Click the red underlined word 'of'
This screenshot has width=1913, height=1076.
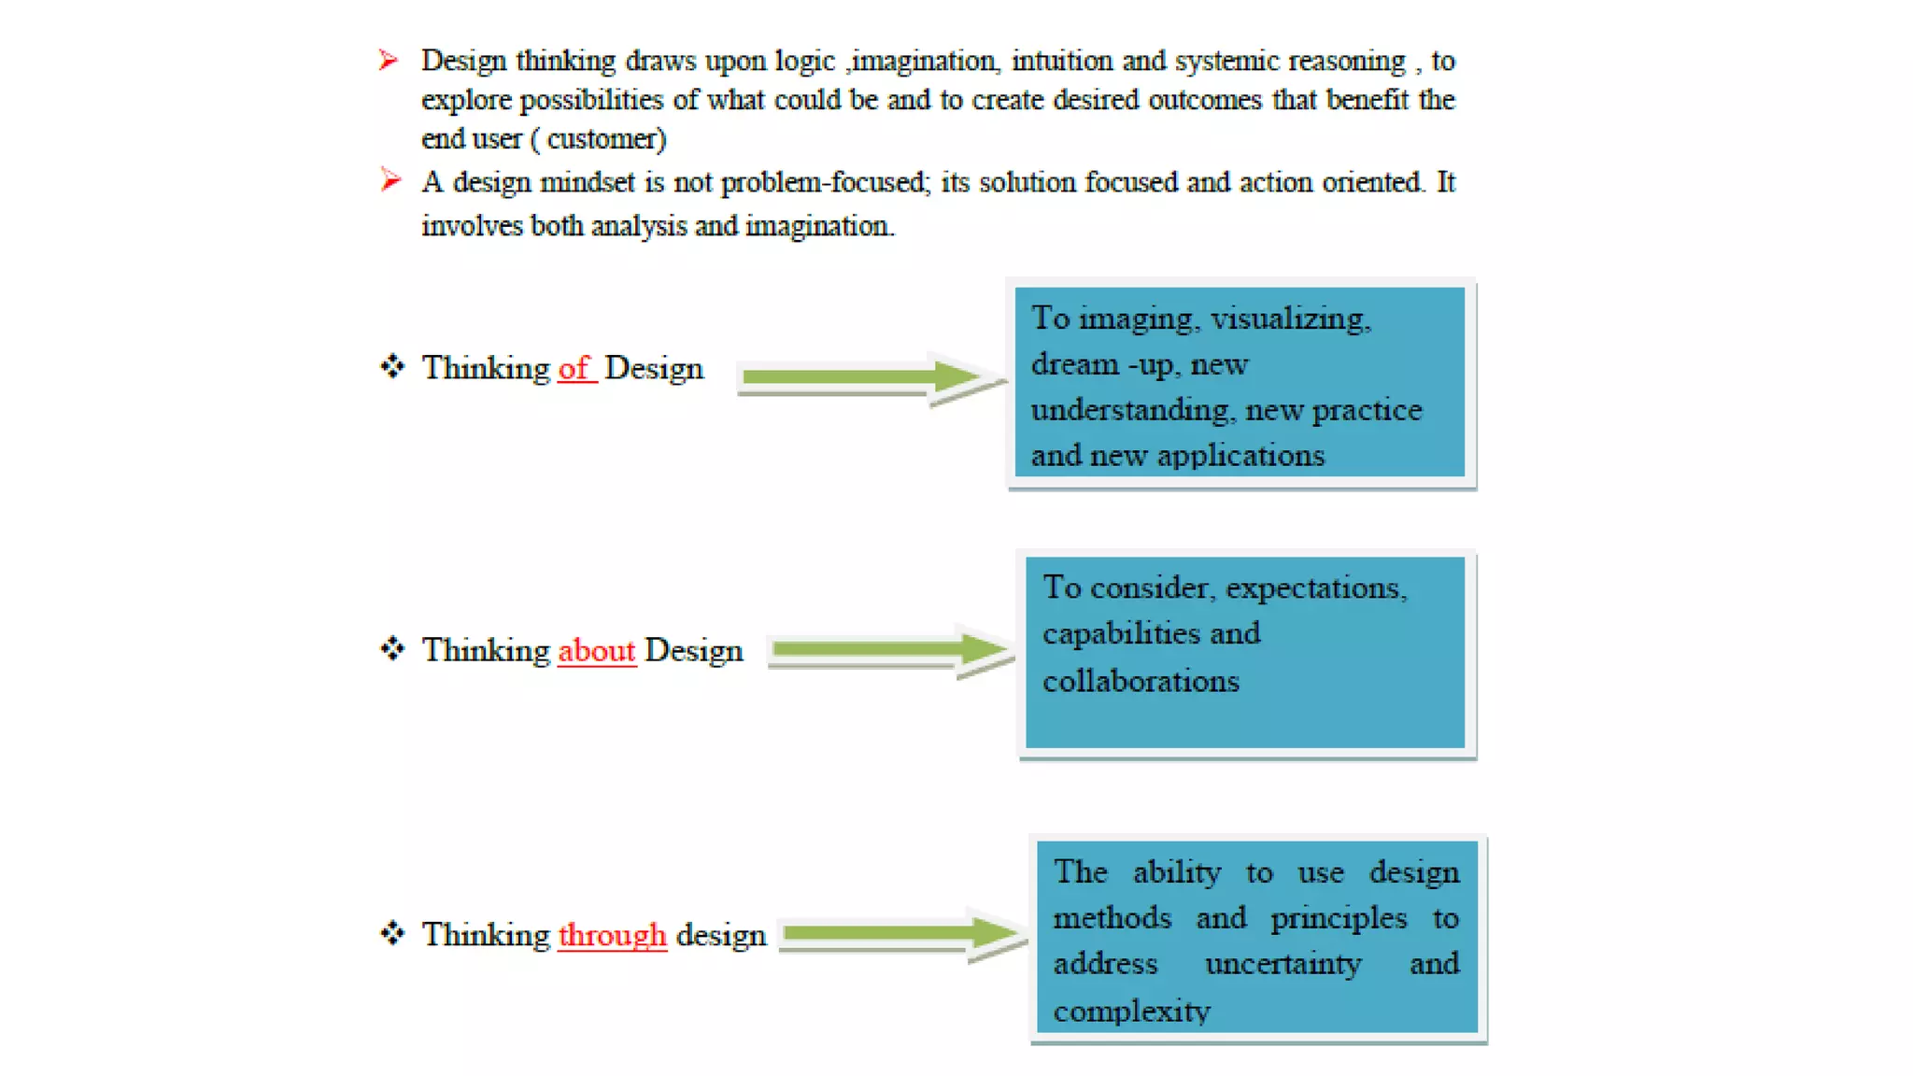click(574, 369)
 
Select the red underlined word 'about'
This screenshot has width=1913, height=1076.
click(596, 651)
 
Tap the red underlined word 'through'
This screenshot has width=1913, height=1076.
click(612, 935)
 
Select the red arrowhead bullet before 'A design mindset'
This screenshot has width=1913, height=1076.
click(390, 179)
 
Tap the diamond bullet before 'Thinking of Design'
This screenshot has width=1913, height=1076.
click(392, 367)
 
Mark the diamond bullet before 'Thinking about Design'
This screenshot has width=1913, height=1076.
click(392, 649)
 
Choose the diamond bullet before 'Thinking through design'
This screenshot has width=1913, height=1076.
click(392, 933)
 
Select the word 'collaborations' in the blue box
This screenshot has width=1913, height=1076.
click(1141, 682)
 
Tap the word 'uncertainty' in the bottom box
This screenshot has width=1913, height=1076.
click(1282, 965)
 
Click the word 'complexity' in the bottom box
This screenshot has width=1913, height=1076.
click(1131, 1012)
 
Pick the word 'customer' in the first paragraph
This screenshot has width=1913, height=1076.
click(604, 140)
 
